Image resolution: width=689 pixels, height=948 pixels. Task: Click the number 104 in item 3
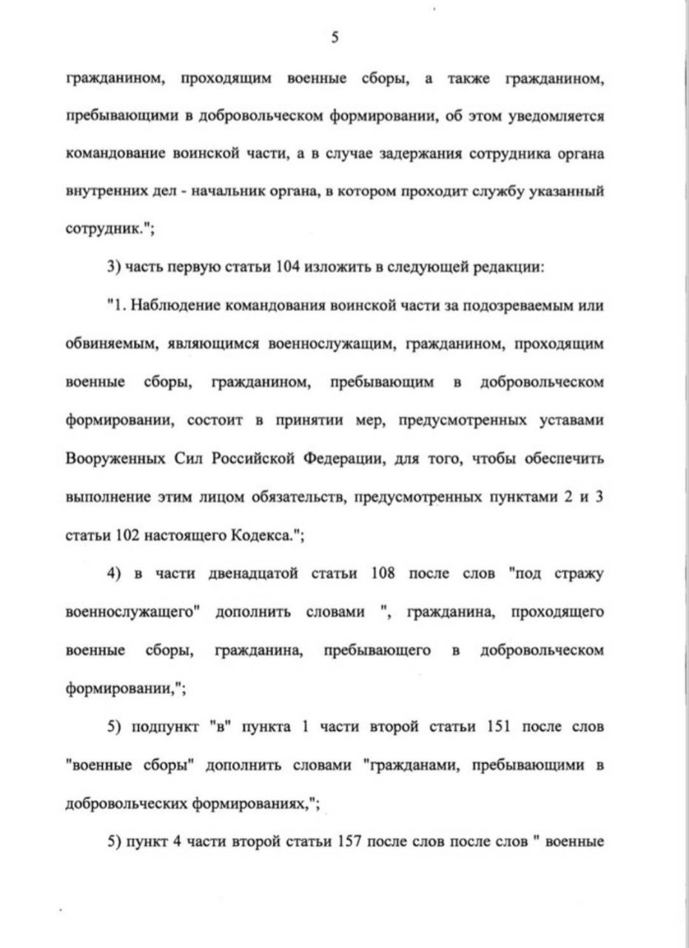point(285,267)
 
